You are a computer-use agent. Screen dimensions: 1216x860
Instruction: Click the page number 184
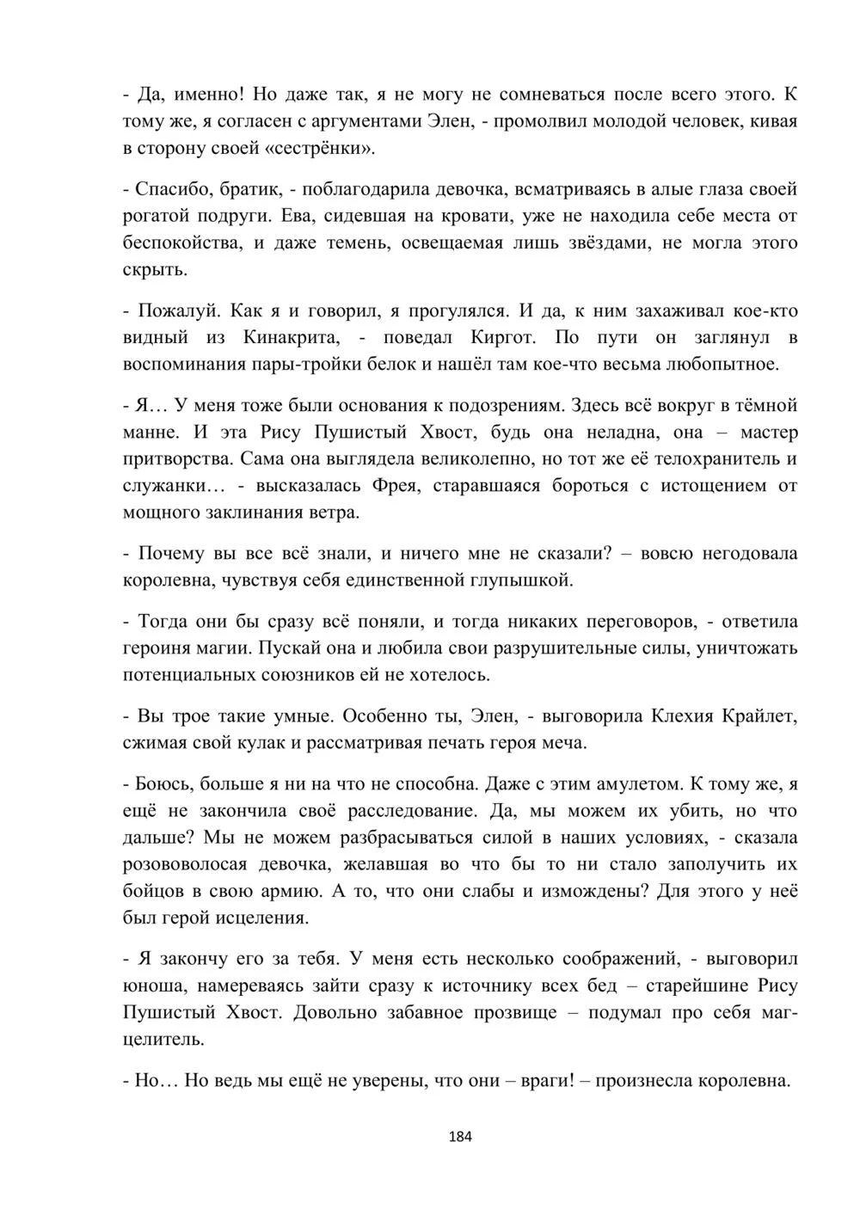pos(461,1136)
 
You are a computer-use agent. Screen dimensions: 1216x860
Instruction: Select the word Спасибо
pos(166,189)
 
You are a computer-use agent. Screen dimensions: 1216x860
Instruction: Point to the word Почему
pos(169,554)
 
